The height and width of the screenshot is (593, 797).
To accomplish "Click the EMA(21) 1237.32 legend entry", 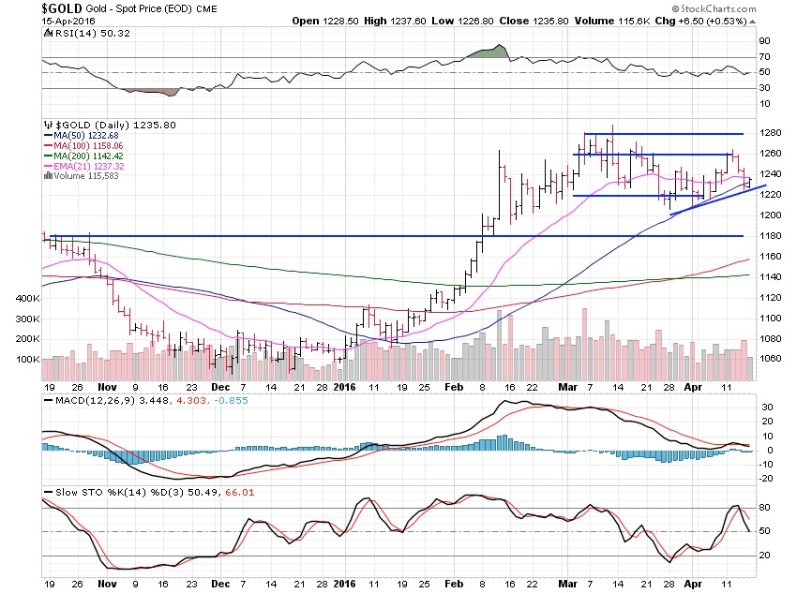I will tap(91, 166).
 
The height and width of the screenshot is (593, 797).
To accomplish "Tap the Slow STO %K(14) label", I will tap(88, 492).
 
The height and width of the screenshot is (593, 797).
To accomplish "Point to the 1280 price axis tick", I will tap(771, 133).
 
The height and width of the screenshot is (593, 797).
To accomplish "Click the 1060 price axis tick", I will tap(771, 359).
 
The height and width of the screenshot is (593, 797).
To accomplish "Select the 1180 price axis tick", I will tap(771, 235).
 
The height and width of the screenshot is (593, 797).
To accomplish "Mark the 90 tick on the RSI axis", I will tap(765, 41).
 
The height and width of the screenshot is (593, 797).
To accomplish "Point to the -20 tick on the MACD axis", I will tap(766, 478).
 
